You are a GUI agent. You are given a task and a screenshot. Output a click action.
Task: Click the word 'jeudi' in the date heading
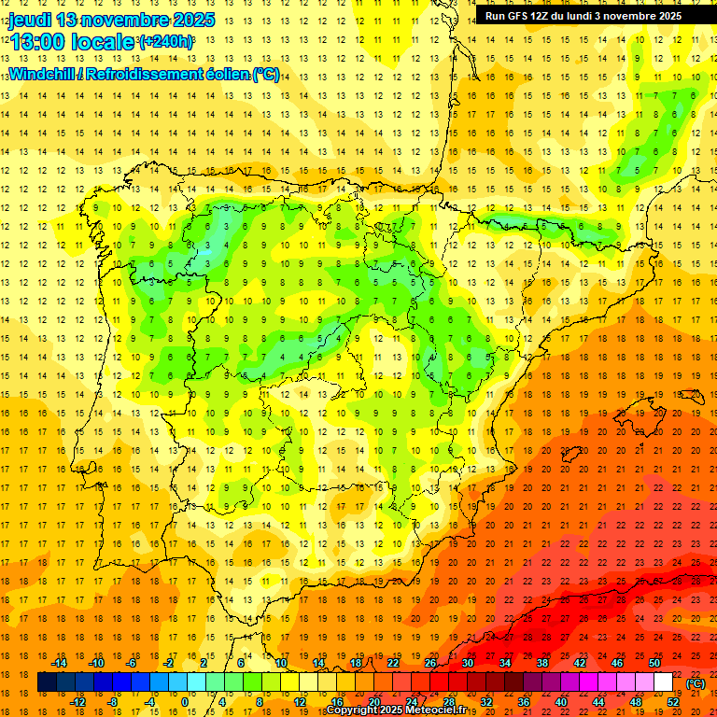[30, 20]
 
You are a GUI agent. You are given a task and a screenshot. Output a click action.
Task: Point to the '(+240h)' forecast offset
[166, 42]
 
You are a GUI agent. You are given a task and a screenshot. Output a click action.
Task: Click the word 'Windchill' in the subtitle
[40, 74]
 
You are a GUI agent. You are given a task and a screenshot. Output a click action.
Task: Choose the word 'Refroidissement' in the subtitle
[140, 74]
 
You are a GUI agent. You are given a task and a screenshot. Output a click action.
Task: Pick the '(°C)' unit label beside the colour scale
[696, 683]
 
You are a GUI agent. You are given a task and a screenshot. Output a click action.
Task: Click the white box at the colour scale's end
[663, 682]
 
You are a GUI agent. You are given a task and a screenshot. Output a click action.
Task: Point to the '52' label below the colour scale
[673, 702]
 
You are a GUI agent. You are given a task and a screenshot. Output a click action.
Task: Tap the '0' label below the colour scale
[185, 702]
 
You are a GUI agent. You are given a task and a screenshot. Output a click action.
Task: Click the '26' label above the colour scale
[430, 663]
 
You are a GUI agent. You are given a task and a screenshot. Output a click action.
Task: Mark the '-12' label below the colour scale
[77, 702]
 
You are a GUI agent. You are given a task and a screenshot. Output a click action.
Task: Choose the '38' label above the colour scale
[542, 663]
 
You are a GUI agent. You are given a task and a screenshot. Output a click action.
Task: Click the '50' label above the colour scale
[654, 663]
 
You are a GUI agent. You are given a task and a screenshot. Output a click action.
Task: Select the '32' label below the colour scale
[486, 702]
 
